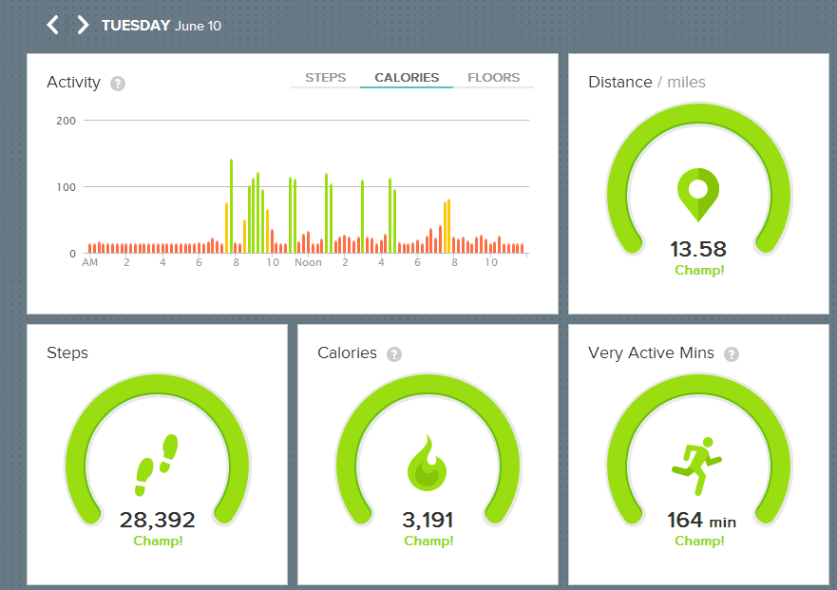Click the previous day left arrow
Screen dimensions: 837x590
click(x=53, y=25)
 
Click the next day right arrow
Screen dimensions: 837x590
click(x=83, y=25)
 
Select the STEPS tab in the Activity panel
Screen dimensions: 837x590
click(x=326, y=77)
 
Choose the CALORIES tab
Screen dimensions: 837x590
click(x=407, y=77)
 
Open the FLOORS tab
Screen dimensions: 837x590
click(x=494, y=77)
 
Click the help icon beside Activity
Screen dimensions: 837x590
click(x=118, y=84)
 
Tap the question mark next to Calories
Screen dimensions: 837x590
click(x=394, y=354)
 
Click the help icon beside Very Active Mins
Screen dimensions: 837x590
click(x=732, y=354)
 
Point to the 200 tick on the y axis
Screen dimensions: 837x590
click(x=67, y=121)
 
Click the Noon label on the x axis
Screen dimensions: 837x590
click(x=309, y=262)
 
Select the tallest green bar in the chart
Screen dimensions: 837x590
click(x=231, y=205)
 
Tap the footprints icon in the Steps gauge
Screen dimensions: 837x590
click(x=157, y=465)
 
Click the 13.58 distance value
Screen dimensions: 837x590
click(x=698, y=249)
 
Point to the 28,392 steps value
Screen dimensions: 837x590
click(x=158, y=520)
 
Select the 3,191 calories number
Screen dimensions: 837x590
click(x=428, y=520)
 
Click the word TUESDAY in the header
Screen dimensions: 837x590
click(x=136, y=25)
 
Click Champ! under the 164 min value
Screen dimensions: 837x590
click(x=699, y=541)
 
